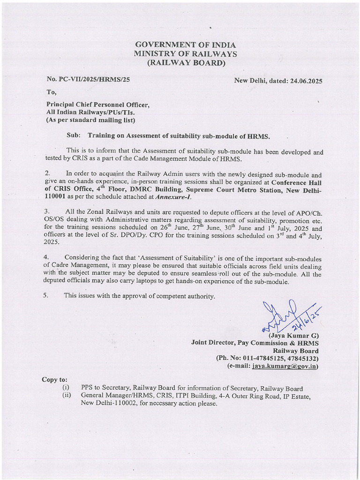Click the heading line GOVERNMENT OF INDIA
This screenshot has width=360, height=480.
180,45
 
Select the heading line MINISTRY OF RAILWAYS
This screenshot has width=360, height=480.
180,54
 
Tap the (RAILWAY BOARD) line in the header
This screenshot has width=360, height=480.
180,63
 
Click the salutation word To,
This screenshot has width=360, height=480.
51,92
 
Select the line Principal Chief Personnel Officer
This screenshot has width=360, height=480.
97,105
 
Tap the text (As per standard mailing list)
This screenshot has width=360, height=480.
90,120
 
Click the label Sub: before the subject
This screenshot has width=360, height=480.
74,135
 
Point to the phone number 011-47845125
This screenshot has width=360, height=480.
263,359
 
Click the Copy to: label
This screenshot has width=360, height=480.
55,379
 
